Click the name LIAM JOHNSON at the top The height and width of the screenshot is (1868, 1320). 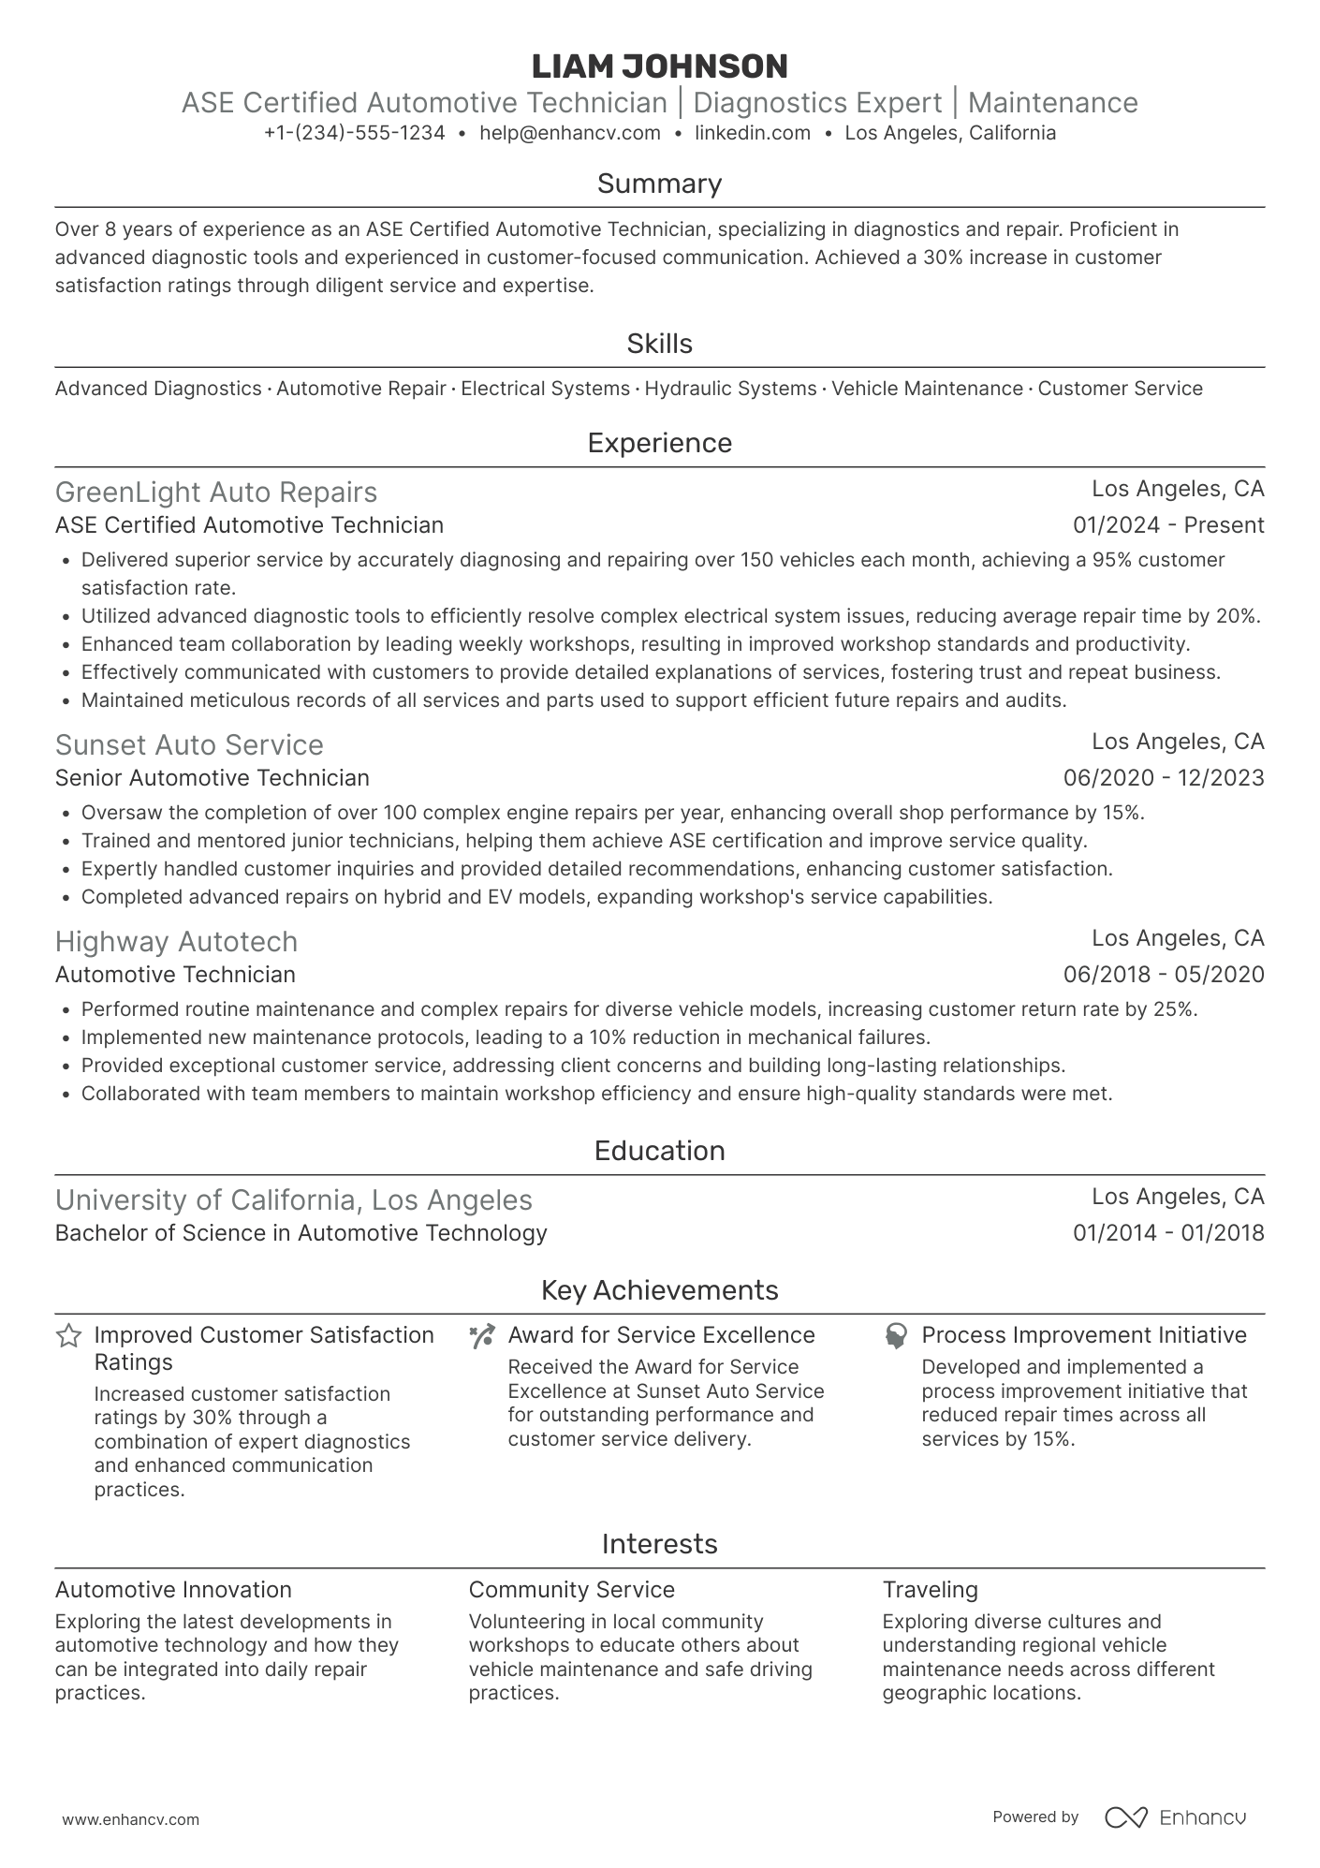659,66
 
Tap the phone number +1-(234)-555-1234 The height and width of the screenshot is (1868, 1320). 354,133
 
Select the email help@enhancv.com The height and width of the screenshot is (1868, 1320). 569,133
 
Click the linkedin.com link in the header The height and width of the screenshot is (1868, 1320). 753,133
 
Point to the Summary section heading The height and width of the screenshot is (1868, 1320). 659,184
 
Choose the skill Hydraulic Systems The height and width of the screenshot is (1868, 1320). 730,389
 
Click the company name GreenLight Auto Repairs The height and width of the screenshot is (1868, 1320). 216,493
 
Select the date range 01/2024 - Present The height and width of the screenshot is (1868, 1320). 1168,525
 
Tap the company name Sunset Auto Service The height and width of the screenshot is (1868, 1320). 189,745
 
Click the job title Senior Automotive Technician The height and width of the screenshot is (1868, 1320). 213,778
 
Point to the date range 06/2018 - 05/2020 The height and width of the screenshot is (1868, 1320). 1164,975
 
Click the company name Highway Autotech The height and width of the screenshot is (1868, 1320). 176,942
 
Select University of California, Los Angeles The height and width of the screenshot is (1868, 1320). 294,1200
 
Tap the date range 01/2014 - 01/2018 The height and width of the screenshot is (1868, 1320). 1168,1233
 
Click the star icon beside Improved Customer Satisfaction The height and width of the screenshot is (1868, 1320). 68,1336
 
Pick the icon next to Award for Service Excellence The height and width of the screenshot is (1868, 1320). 482,1336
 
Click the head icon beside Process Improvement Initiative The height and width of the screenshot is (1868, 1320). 896,1336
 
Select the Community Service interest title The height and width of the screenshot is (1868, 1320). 571,1590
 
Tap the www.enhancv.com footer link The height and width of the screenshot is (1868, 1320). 131,1820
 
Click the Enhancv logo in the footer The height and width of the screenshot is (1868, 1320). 1176,1817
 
